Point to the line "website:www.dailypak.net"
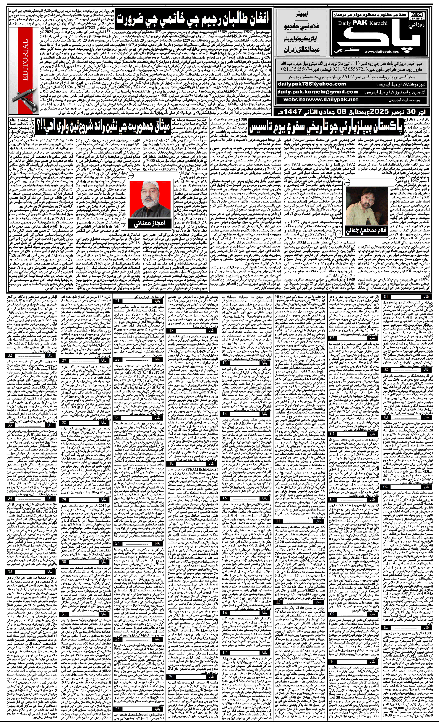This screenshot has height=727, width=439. pyautogui.click(x=321, y=100)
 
